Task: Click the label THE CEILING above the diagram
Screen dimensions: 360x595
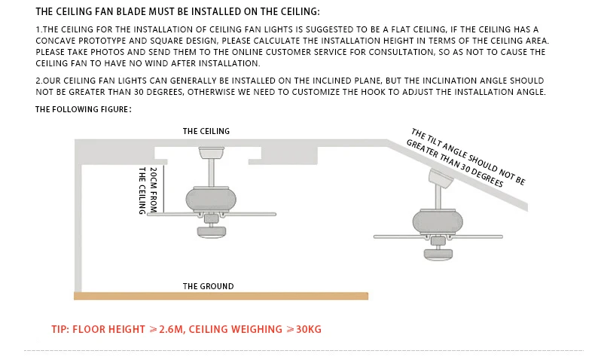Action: [206, 131]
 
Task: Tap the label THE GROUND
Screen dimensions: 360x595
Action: [208, 286]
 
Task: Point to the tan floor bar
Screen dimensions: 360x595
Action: [221, 296]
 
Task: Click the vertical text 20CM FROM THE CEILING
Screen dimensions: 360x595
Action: [147, 190]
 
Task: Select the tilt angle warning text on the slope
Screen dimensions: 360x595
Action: [467, 158]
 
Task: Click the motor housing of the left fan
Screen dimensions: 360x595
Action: [212, 200]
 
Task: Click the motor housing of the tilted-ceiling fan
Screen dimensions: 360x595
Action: [437, 222]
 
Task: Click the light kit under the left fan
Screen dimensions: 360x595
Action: [212, 233]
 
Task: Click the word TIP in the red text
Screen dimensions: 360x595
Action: [59, 330]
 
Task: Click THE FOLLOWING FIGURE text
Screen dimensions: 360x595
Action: [84, 109]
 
